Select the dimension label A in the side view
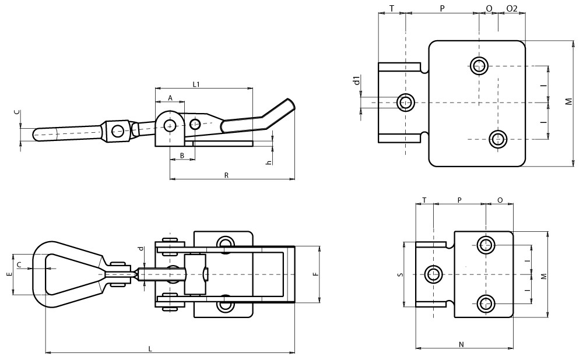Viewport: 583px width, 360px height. click(x=170, y=98)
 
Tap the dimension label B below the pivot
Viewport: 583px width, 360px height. click(x=182, y=156)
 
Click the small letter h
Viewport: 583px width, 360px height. click(x=268, y=162)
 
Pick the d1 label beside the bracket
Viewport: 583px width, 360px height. click(x=356, y=80)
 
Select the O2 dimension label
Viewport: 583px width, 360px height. click(x=511, y=8)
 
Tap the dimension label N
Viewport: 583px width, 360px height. click(x=461, y=344)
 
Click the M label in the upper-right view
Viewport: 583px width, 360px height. click(x=568, y=102)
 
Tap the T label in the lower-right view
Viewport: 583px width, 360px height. click(x=424, y=200)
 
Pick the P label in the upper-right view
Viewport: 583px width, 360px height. click(x=442, y=8)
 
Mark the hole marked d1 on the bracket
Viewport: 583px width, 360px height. click(x=405, y=102)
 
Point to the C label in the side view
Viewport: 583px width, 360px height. click(x=17, y=112)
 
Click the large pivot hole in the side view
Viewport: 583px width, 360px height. click(x=170, y=125)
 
